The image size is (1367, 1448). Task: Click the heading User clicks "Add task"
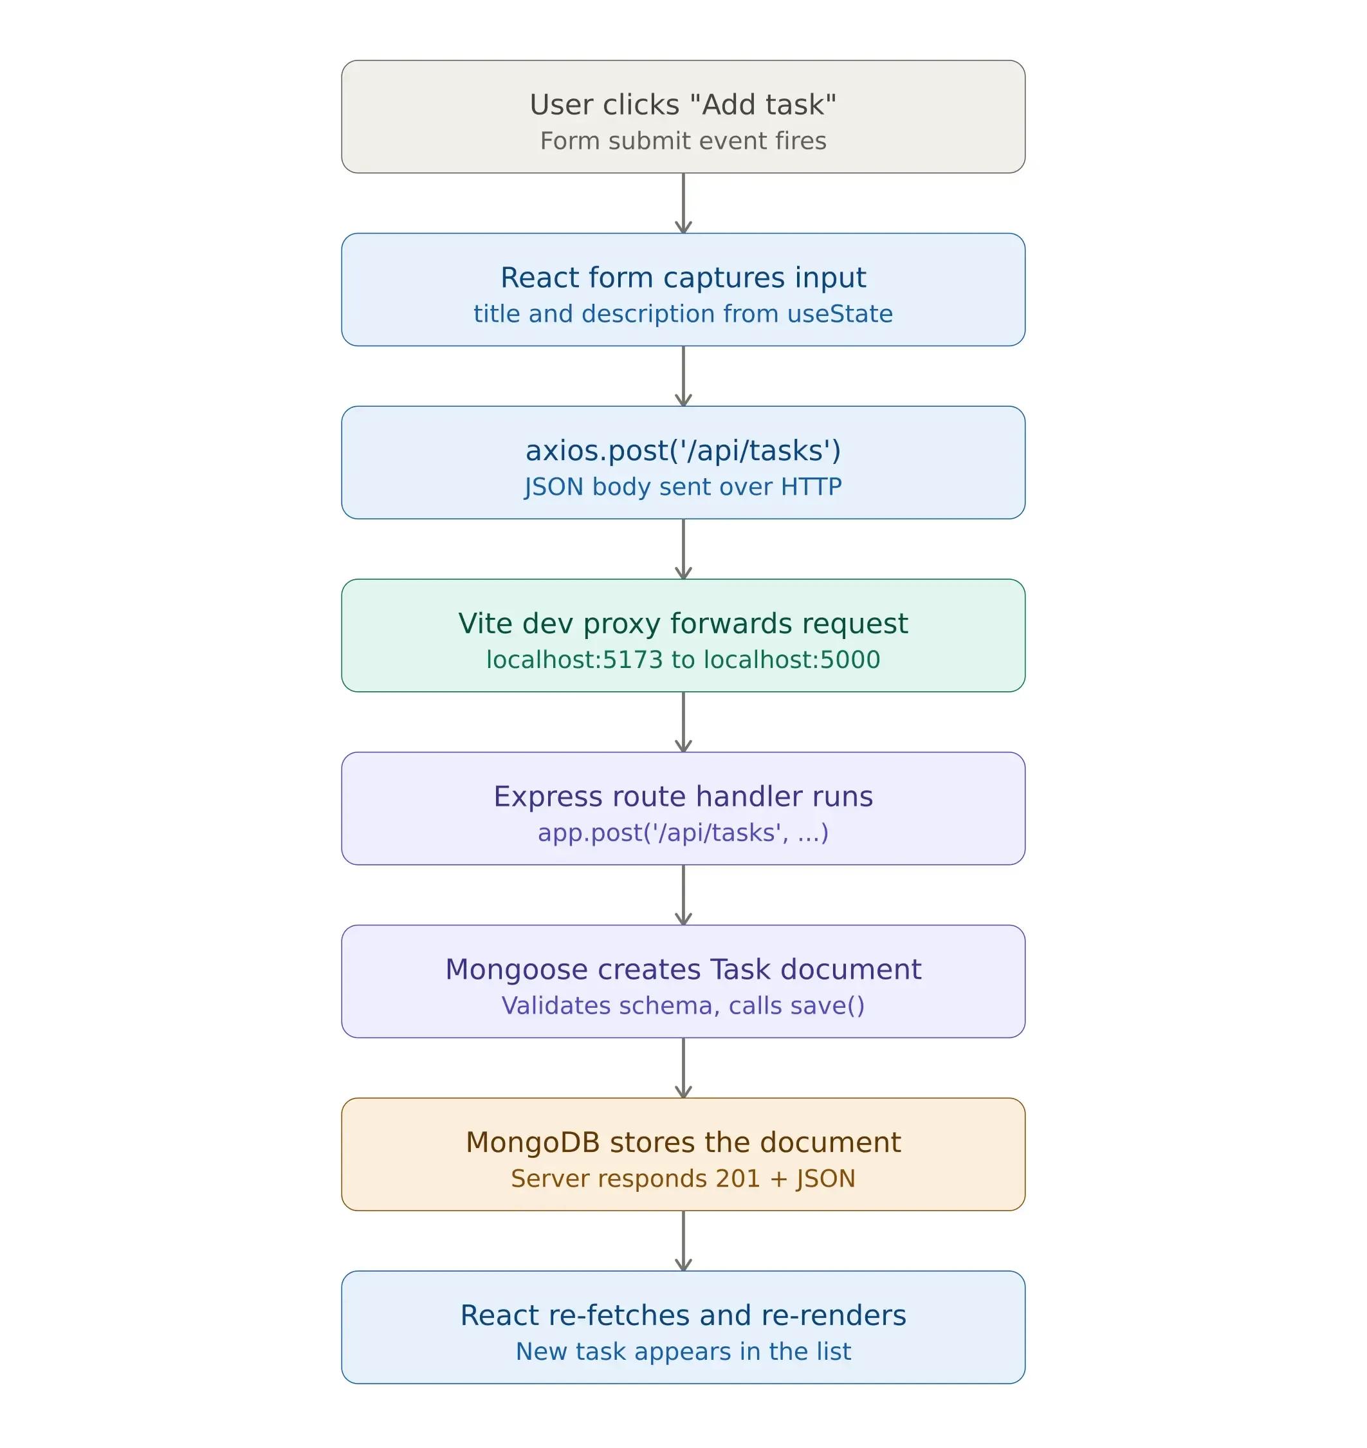click(683, 105)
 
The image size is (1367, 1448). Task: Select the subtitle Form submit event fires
click(683, 141)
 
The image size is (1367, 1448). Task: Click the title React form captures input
click(683, 278)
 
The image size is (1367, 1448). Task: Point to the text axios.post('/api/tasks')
click(683, 450)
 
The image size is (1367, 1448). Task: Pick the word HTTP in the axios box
click(811, 487)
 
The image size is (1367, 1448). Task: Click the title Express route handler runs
click(683, 796)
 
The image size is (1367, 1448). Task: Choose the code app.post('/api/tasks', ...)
click(683, 833)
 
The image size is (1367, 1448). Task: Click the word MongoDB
click(532, 1142)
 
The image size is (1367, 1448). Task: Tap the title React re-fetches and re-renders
click(683, 1315)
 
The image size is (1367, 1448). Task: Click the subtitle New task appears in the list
click(683, 1351)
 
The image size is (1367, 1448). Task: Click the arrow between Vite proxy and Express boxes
click(683, 722)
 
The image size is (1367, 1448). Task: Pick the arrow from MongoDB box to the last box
click(683, 1241)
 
